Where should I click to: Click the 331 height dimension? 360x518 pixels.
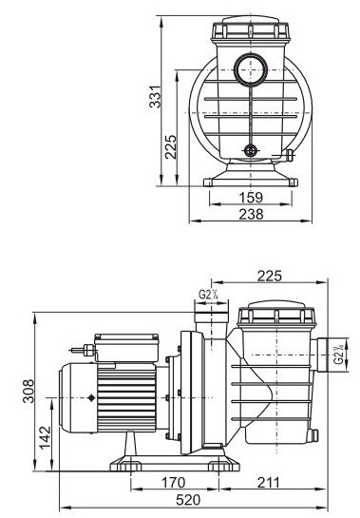[155, 96]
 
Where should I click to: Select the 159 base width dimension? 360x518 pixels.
[251, 198]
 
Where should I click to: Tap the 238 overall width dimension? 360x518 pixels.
[251, 214]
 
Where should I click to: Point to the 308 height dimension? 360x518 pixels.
[28, 391]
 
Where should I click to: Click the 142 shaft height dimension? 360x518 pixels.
[46, 438]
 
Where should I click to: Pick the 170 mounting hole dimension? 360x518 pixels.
[174, 483]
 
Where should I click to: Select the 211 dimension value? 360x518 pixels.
[268, 483]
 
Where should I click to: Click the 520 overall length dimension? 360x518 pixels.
[188, 500]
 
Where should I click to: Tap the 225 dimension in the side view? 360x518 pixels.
[270, 276]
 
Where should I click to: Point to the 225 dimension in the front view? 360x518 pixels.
[171, 147]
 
